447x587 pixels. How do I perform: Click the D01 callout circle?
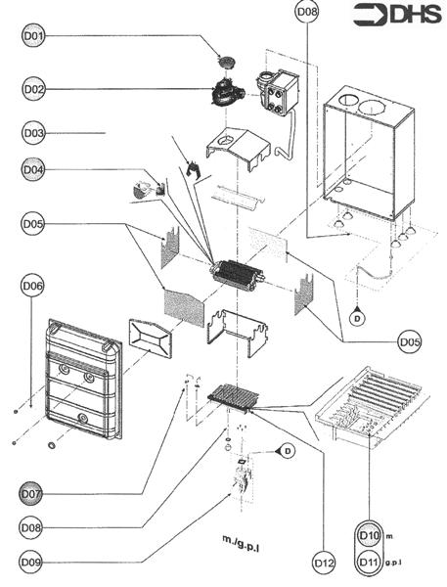pos(33,36)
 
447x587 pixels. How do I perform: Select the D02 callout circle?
pos(33,89)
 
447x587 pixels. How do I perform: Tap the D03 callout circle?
pos(33,133)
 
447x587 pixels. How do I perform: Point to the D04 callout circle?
pos(33,169)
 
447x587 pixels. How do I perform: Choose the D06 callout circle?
pos(32,286)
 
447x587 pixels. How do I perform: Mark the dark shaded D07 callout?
pos(30,493)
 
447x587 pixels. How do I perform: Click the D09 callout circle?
pos(30,562)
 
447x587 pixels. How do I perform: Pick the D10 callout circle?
pos(369,535)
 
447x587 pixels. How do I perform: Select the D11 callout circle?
pos(369,562)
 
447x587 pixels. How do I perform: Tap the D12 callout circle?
pos(324,563)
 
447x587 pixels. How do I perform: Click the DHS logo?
pos(397,15)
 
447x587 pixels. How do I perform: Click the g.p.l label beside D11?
pos(393,563)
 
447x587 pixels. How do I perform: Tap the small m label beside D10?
pos(389,536)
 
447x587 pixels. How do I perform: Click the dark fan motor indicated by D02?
pos(226,92)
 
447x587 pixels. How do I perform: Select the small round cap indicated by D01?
pos(227,61)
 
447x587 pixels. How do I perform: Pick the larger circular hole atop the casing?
pos(372,108)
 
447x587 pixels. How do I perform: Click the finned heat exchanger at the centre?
pos(238,275)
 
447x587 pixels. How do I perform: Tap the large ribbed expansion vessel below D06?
pos(83,379)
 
